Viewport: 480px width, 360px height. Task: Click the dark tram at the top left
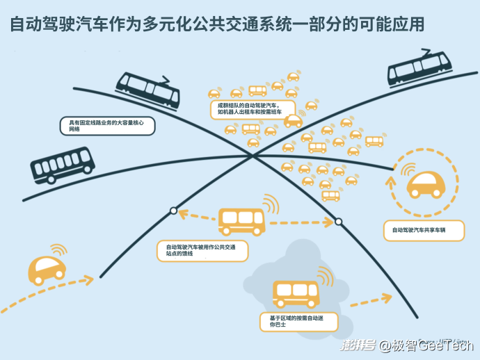click(x=147, y=89)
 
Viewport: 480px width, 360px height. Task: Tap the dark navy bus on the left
click(x=62, y=165)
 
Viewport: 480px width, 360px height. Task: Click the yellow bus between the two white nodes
click(x=241, y=221)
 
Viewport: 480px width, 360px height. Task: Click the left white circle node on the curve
click(x=173, y=211)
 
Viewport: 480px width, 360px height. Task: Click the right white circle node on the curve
click(x=339, y=222)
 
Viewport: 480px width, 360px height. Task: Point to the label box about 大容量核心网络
click(x=106, y=126)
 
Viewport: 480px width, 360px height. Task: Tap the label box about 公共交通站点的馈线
click(x=202, y=250)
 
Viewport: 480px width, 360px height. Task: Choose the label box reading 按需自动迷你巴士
click(x=298, y=321)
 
